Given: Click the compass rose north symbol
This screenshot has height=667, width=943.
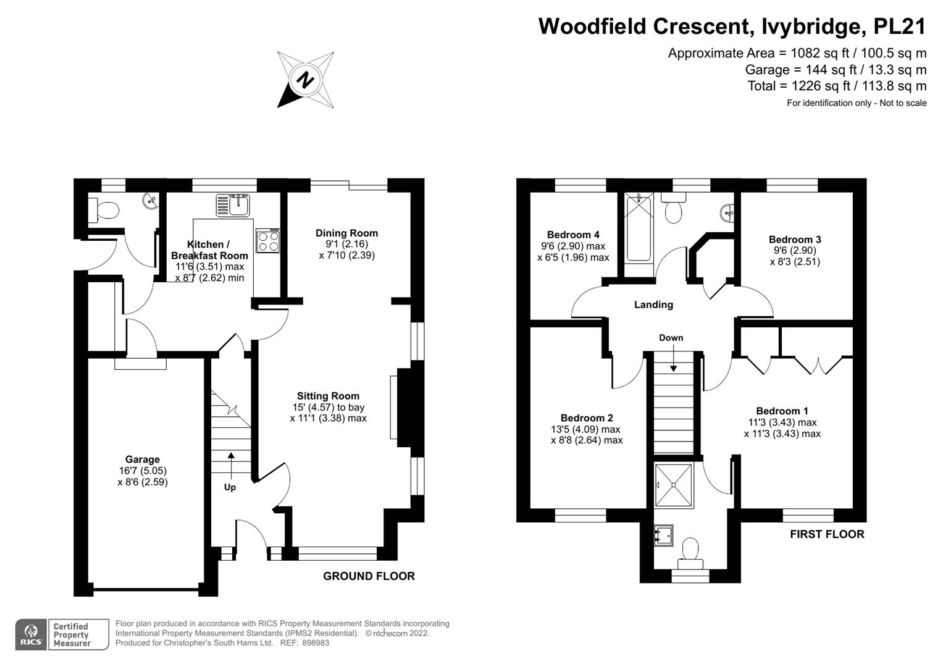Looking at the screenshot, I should (305, 80).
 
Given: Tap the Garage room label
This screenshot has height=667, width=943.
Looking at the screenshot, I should (142, 459).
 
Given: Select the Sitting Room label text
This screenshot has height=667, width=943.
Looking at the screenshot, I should (328, 396).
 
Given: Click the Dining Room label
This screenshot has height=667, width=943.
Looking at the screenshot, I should (346, 233).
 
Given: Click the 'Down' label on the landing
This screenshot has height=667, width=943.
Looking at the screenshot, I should (671, 338).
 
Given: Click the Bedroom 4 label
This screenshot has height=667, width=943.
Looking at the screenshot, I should (573, 235).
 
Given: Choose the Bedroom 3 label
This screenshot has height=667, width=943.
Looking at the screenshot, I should (795, 240).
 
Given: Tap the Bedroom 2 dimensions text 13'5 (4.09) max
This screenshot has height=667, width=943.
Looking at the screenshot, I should (585, 429).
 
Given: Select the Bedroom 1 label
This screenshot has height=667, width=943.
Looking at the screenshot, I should (782, 411).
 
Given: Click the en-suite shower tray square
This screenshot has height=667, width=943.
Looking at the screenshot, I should (673, 485).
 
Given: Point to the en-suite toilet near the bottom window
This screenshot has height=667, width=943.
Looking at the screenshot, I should (690, 553).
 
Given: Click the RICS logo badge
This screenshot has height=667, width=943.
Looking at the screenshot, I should (30, 634).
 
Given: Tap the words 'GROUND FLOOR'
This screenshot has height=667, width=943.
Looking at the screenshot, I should (369, 576).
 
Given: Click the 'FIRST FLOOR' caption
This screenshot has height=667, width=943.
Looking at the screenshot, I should (827, 534).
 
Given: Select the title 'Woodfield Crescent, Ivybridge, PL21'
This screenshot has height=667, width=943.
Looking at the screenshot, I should (732, 27).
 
